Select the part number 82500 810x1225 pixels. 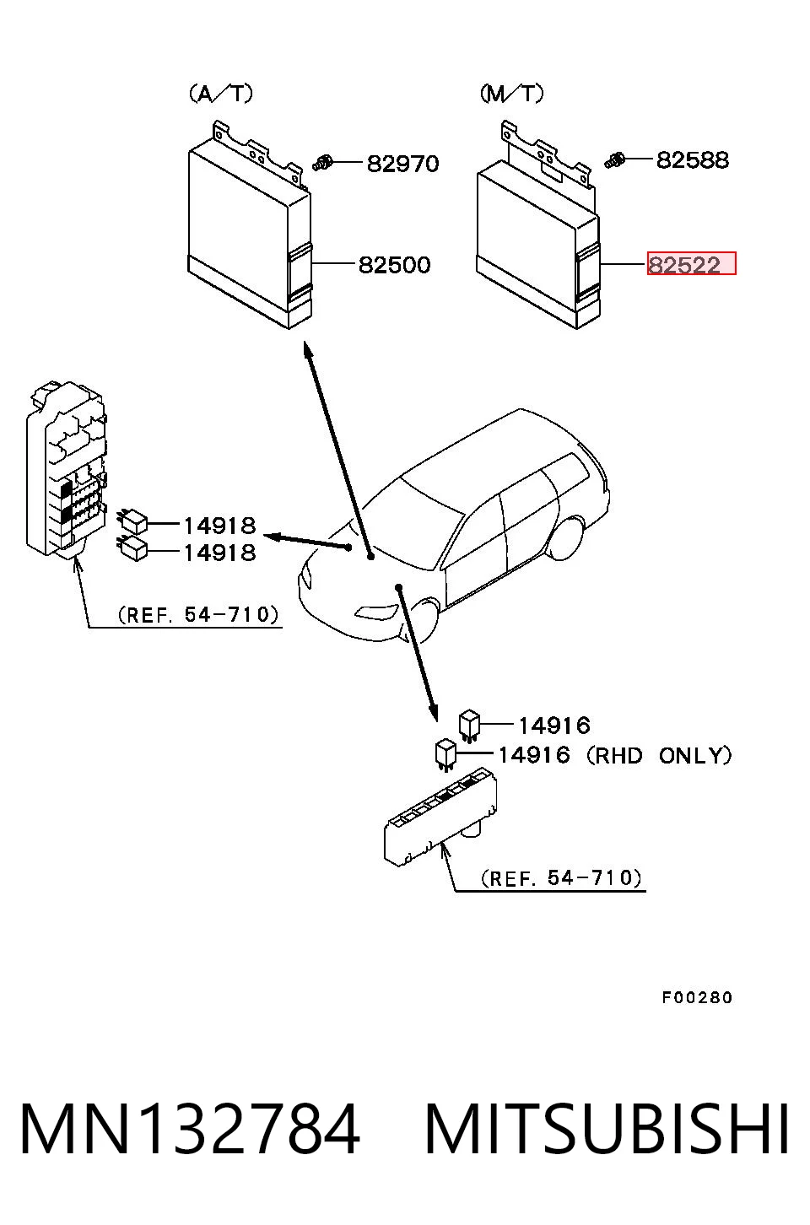(x=394, y=265)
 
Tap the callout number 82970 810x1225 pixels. (x=402, y=164)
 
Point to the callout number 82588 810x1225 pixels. (x=693, y=160)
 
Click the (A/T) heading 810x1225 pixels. (x=221, y=94)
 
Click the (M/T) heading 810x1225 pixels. (x=512, y=94)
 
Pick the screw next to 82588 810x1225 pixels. (x=615, y=161)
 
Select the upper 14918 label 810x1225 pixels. (x=219, y=526)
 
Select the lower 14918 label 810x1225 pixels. (x=219, y=553)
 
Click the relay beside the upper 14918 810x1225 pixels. (x=133, y=521)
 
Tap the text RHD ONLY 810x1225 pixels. (x=659, y=756)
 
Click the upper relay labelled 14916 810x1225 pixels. (x=469, y=726)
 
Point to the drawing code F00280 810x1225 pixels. (x=697, y=998)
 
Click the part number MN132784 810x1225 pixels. (x=190, y=1129)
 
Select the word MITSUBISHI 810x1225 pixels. (x=607, y=1129)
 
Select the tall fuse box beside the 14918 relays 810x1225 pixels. (x=66, y=470)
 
